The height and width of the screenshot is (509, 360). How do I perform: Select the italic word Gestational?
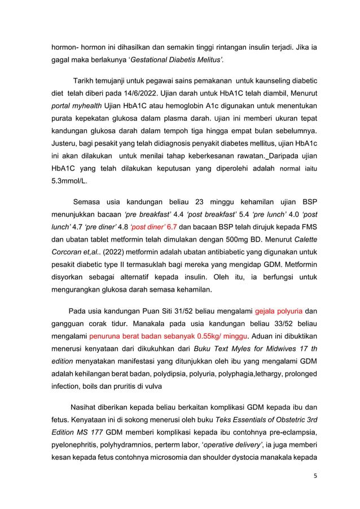pos(155,59)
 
